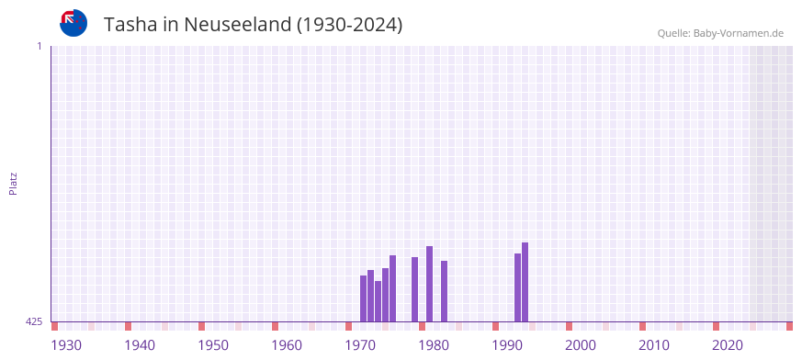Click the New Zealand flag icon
click(x=73, y=23)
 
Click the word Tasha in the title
click(x=130, y=25)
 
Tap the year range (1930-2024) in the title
click(x=350, y=25)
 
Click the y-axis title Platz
click(x=13, y=183)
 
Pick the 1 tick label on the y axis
click(x=39, y=46)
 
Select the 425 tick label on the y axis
click(x=34, y=321)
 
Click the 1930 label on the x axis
click(x=66, y=345)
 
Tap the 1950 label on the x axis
click(x=213, y=345)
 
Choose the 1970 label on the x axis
click(x=360, y=345)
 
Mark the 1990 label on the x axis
click(x=507, y=345)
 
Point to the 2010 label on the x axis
click(x=654, y=345)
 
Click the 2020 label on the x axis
click(x=728, y=345)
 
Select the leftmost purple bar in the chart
click(x=364, y=298)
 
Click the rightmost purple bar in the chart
click(x=525, y=282)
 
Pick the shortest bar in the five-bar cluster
click(x=378, y=301)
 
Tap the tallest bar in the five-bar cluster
click(x=392, y=288)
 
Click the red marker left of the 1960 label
click(x=275, y=326)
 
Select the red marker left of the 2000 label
click(x=569, y=326)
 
